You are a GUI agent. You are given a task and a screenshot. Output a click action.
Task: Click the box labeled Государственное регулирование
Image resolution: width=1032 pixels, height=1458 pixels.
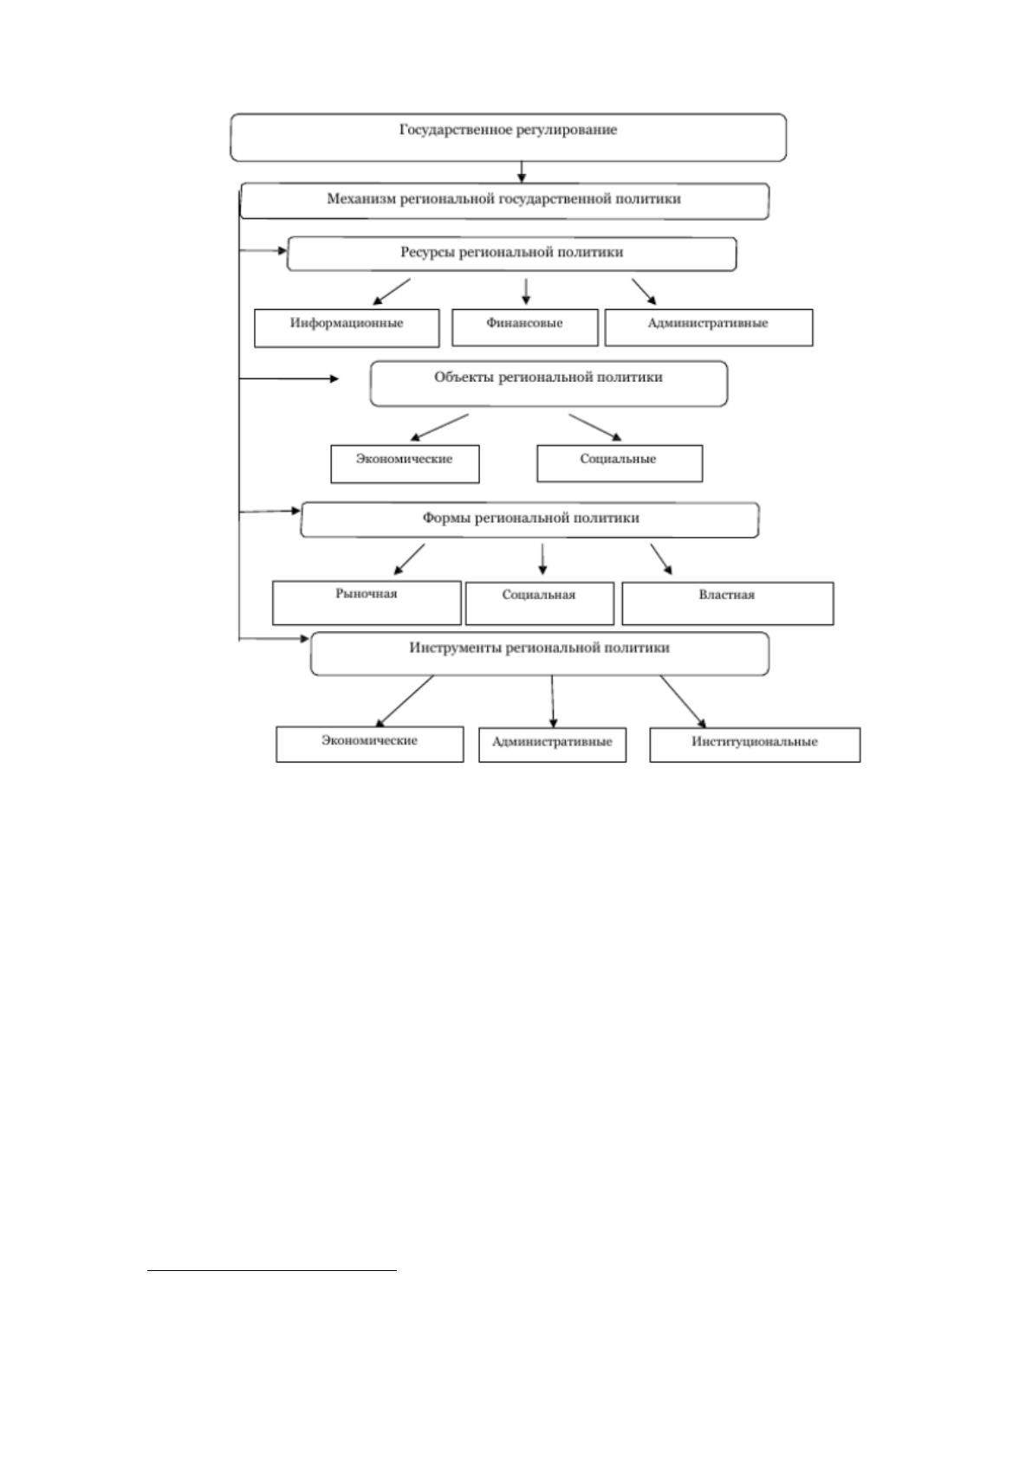point(508,138)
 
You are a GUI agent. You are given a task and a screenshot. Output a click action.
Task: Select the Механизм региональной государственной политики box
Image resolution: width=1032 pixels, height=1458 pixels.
point(504,201)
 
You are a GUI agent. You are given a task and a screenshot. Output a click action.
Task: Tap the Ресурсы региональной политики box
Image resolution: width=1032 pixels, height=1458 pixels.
point(511,254)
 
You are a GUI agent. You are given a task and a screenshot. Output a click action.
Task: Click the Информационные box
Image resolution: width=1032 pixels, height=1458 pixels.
point(347,328)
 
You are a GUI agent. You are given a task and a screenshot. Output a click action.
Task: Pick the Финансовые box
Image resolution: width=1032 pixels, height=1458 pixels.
point(524,327)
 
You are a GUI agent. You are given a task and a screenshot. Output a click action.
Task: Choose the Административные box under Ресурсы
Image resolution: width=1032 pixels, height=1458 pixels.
point(708,327)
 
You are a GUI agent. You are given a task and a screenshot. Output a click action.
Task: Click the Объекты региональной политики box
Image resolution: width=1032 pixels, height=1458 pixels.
point(548,384)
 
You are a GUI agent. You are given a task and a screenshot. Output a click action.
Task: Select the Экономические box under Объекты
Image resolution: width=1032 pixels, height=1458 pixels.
point(405,464)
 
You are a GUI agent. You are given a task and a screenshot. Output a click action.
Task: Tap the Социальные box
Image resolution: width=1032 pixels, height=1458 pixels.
point(619,463)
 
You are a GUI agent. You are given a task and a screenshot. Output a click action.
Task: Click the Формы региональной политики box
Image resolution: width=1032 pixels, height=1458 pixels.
point(529,519)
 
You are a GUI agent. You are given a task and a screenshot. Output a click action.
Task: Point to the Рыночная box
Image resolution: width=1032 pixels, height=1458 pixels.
point(367,603)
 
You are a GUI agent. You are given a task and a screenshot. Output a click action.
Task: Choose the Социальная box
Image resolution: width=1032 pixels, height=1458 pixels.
point(540,603)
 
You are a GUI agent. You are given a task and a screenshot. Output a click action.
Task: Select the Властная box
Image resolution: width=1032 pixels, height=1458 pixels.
point(727,603)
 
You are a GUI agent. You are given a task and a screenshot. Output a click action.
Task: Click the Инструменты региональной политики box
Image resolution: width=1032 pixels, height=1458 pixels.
point(540,654)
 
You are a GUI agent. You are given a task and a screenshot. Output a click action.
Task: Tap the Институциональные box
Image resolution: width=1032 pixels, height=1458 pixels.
point(755,745)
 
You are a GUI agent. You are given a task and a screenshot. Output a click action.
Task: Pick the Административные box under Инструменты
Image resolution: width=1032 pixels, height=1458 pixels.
point(552,745)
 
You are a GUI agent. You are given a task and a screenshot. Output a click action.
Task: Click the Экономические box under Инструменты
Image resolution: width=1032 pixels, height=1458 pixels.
point(369,744)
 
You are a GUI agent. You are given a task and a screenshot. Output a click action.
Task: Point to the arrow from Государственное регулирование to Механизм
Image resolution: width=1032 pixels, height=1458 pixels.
point(522,171)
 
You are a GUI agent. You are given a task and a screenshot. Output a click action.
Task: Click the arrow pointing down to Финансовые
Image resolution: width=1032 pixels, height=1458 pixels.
point(526,292)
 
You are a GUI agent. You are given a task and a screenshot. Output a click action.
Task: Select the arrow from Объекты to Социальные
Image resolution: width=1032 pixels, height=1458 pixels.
point(594,428)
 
